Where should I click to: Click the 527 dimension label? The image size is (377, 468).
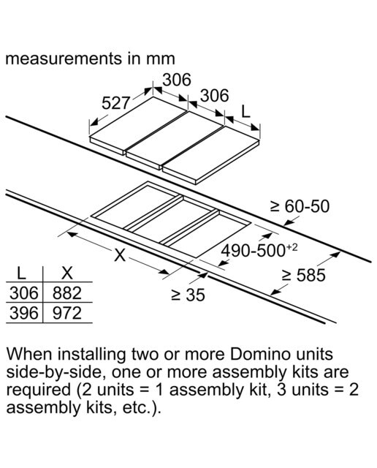pos(115,103)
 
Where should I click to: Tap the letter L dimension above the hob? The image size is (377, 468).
pos(245,112)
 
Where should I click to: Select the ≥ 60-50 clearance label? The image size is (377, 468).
pos(300,206)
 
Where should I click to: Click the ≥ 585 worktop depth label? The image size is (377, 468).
pos(304,275)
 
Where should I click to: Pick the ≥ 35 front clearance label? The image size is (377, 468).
pos(188,295)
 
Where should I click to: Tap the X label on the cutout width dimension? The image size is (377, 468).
pos(120,255)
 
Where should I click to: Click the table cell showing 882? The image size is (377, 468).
pos(67,293)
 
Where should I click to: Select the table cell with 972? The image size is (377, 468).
pos(67,314)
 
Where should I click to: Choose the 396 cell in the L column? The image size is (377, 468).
pos(24,314)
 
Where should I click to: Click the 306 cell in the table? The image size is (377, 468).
pos(24,293)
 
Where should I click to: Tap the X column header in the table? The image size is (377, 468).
pos(67,273)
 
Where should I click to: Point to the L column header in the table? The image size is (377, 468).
pos(21,273)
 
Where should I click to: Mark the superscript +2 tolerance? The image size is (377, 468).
pos(292,248)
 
